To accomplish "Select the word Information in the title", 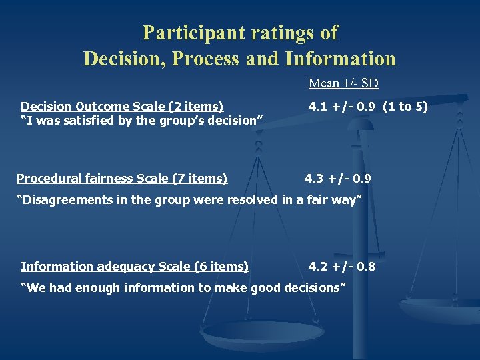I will [340, 59].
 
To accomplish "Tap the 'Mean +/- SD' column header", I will [343, 84].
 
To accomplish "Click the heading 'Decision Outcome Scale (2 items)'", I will [122, 106].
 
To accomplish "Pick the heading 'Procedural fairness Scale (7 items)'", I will [122, 178].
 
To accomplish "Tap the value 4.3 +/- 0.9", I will [338, 178].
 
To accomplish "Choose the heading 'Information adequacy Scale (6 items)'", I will [135, 267].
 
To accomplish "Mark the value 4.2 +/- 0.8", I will [342, 267].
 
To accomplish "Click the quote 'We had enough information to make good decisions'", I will [183, 288].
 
